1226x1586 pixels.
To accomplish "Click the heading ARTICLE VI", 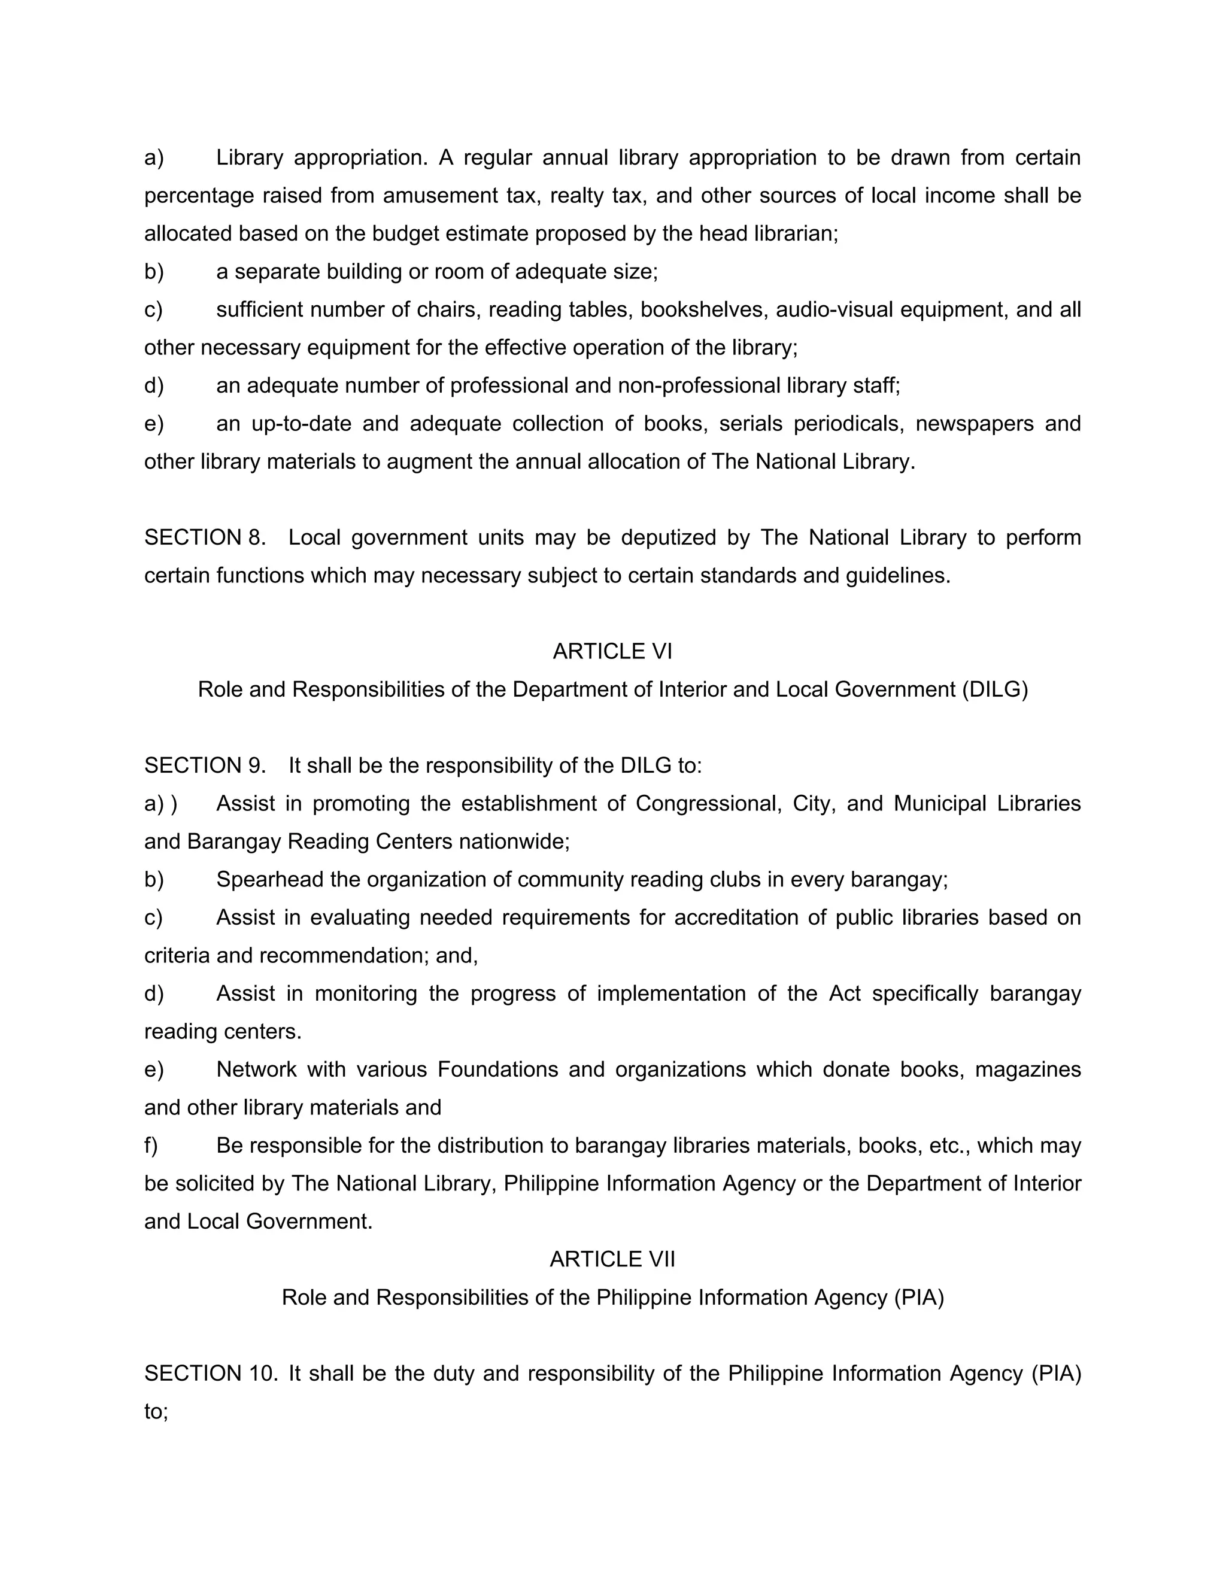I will (x=612, y=651).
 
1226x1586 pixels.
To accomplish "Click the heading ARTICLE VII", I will (x=612, y=1259).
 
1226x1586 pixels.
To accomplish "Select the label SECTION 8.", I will (x=205, y=537).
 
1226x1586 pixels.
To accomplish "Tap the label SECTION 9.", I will (x=205, y=765).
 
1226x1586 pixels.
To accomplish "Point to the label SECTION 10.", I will (x=211, y=1373).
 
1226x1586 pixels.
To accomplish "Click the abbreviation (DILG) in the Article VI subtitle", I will (x=995, y=689).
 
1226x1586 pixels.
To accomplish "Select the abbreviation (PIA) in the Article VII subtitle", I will (x=919, y=1297).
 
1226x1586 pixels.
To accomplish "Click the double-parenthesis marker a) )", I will (x=160, y=804).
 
